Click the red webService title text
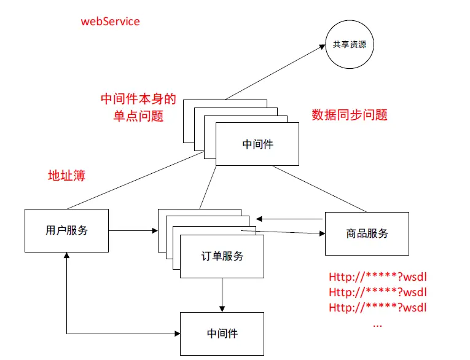[111, 22]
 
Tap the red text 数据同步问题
[350, 115]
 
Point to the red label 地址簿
[66, 176]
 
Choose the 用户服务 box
[66, 230]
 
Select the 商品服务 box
[367, 233]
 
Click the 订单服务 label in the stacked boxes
[222, 256]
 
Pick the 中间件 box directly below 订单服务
[222, 334]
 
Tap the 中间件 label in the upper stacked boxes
[257, 144]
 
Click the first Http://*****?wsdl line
[377, 276]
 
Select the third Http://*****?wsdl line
[377, 307]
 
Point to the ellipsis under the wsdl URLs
[377, 323]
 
